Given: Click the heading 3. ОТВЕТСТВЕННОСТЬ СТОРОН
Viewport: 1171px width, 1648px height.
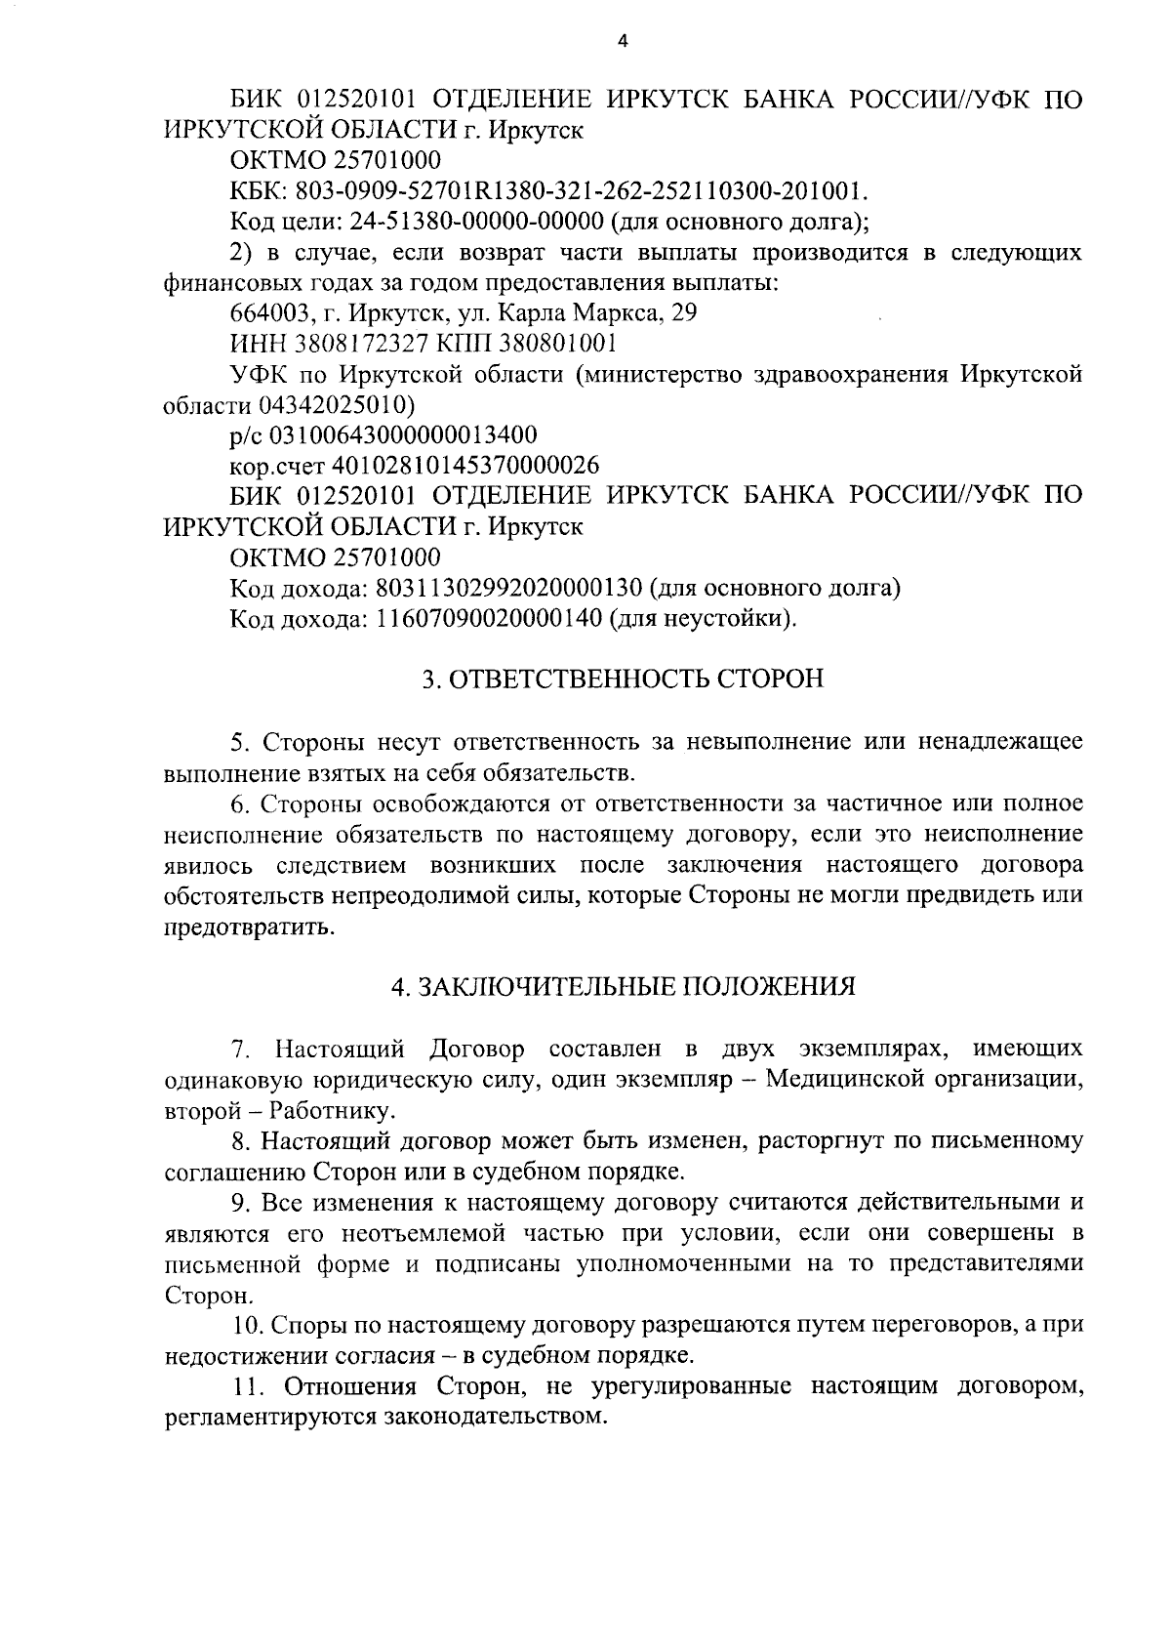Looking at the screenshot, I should coord(622,679).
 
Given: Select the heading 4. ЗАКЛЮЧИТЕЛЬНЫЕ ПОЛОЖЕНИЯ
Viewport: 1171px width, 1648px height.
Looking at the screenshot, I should coord(623,986).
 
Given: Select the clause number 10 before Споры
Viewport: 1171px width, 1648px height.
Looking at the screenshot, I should coord(244,1325).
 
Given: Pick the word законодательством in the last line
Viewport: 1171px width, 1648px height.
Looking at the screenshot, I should coord(503,1416).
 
